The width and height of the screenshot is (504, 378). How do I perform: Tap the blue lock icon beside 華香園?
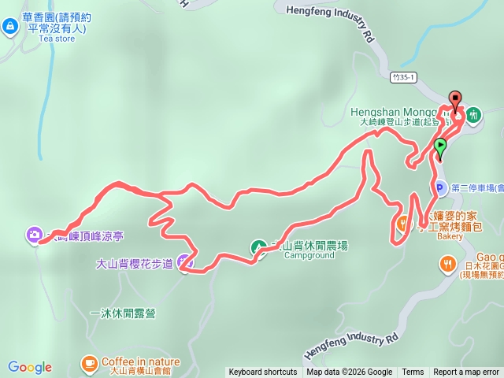pos(10,27)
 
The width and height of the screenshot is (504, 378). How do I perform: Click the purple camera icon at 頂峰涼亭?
pos(34,234)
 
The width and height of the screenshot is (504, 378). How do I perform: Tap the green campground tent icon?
pos(257,247)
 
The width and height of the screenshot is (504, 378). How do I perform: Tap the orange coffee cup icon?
pos(89,362)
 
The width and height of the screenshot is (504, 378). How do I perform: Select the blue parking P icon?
pos(439,187)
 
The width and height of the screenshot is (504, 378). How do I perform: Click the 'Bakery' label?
pos(450,235)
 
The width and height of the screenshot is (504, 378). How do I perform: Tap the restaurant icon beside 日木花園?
pos(447,263)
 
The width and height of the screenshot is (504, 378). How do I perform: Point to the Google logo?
pos(30,367)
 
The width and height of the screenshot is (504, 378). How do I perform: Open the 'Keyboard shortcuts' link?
pos(263,372)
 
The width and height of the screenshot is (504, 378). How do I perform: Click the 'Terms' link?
pos(413,372)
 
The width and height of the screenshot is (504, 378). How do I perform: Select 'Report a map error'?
pos(466,372)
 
